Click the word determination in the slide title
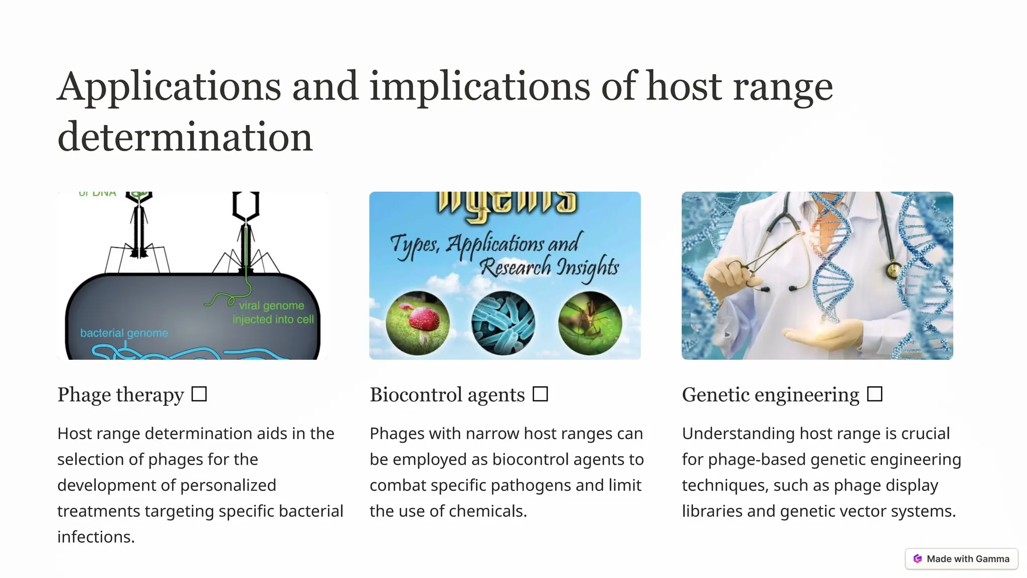(185, 137)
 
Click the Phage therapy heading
(121, 395)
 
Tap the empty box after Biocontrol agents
(540, 394)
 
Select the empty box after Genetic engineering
(875, 394)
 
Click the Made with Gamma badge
(962, 558)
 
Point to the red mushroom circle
(418, 323)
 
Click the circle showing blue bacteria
(503, 323)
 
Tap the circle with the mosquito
(590, 323)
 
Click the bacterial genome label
(124, 333)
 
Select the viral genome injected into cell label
(273, 312)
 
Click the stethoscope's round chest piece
(893, 270)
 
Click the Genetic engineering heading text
(770, 395)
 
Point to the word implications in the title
(479, 86)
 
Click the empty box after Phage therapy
(199, 394)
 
